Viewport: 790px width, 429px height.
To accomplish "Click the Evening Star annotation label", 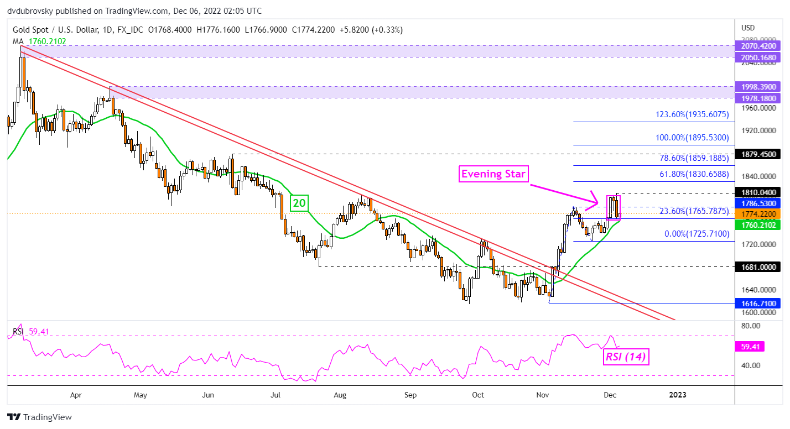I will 493,175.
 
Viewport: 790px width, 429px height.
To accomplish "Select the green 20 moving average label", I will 299,203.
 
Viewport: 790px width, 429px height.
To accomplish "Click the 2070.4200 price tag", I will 756,46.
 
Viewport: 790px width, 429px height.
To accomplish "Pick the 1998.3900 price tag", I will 756,87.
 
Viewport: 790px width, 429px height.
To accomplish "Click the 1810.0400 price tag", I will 756,193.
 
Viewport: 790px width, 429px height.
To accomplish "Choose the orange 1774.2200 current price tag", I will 756,213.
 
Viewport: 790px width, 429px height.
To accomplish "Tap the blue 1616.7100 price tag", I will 756,304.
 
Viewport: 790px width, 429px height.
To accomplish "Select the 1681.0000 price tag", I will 756,266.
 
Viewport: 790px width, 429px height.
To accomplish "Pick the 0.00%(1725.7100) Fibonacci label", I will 697,234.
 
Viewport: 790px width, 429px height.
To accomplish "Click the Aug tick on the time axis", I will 340,395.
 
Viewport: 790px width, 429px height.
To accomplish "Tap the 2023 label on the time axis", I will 677,395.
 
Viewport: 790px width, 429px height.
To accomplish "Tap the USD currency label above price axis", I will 748,28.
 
